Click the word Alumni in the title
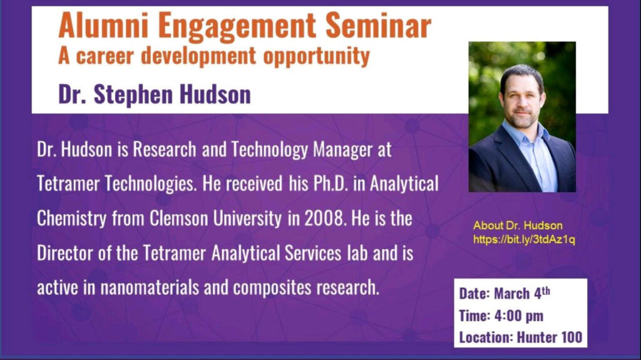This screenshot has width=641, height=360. [103, 26]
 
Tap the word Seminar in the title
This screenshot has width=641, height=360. [378, 26]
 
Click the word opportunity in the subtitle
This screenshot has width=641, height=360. [316, 56]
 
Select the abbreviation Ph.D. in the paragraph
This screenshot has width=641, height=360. [331, 183]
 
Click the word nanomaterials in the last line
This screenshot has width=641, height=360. [150, 287]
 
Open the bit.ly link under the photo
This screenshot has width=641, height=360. [524, 240]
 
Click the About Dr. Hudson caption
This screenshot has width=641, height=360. [518, 225]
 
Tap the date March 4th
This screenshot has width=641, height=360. [522, 293]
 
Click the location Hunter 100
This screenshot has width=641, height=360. [550, 337]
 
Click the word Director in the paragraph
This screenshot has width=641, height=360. [65, 253]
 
